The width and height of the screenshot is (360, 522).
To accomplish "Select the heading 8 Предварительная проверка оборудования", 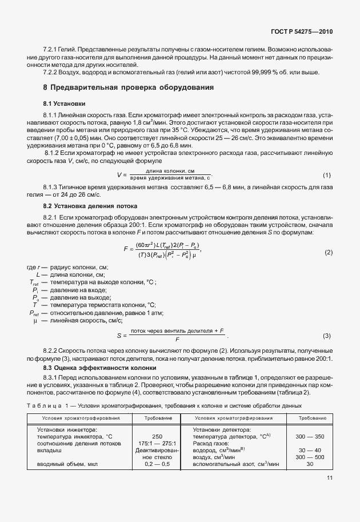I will point(129,87).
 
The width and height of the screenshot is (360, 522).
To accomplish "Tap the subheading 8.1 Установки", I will point(65,104).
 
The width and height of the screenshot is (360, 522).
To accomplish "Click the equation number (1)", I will point(327,174).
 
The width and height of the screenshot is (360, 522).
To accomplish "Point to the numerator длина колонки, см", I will point(170,172).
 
